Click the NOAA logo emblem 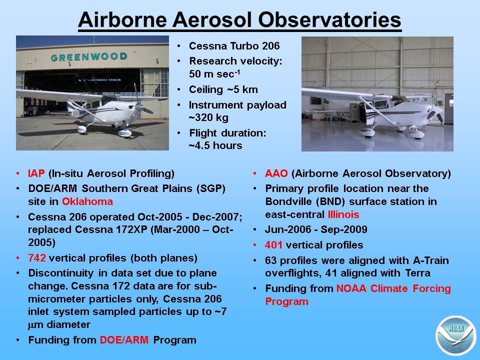click(455, 335)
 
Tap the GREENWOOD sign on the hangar click(89, 57)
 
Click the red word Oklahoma click(87, 201)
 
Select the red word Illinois click(343, 214)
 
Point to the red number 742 click(36, 258)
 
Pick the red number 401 click(273, 245)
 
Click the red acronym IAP click(36, 173)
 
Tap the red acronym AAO click(276, 173)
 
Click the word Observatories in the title click(329, 19)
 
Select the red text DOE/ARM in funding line click(124, 340)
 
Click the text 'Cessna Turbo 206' click(234, 46)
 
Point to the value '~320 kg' click(208, 117)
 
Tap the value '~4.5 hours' click(215, 145)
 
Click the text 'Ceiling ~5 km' click(223, 89)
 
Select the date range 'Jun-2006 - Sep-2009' click(316, 229)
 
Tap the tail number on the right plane click(343, 115)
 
